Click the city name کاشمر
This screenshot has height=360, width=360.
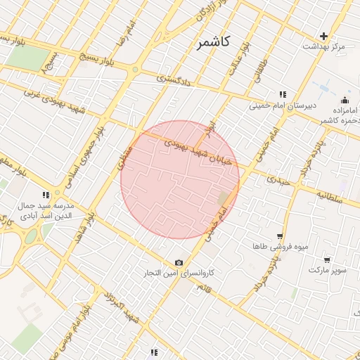tap(214, 43)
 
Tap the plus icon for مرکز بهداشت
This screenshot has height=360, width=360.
tap(323, 35)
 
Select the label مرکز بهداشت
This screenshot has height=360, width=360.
tap(324, 46)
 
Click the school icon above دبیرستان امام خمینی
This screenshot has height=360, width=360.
tap(283, 94)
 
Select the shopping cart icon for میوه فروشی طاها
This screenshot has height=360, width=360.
tap(280, 237)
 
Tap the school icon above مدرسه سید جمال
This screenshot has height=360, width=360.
tap(46, 195)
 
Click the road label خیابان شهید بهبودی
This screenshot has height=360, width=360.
tap(197, 151)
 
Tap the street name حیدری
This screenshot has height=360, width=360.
tap(278, 181)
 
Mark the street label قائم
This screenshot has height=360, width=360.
tap(204, 288)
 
